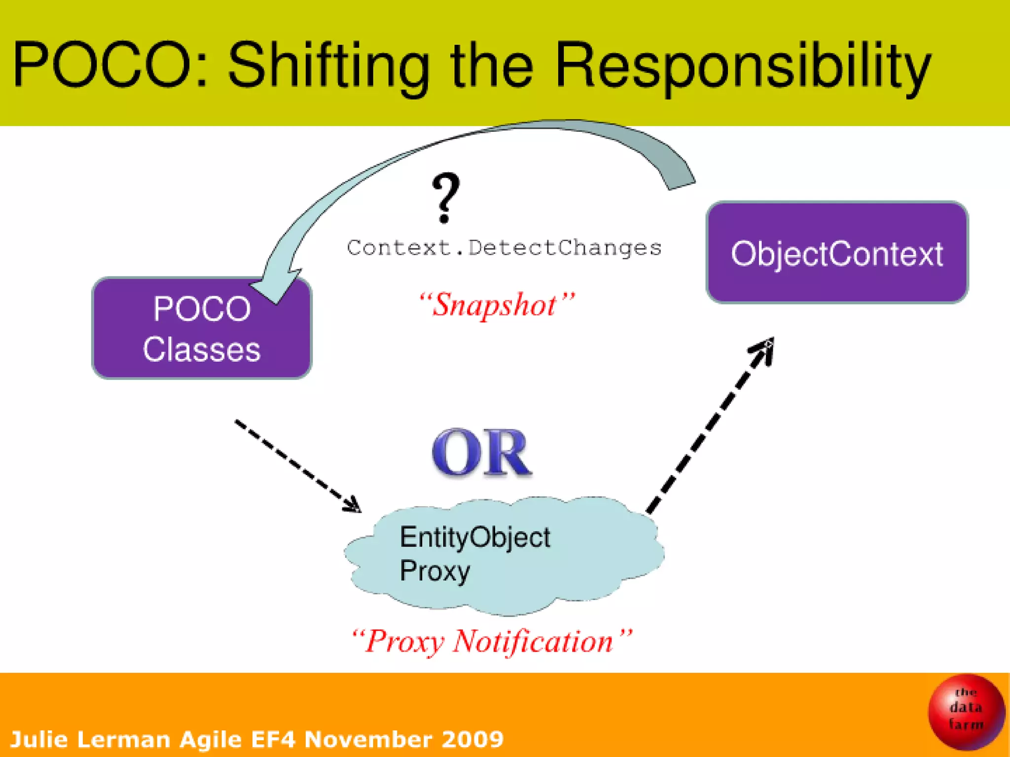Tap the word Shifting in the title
tap(328, 67)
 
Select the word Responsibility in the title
tap(743, 67)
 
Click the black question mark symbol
tap(445, 197)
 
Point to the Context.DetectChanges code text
tap(504, 247)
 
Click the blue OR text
tap(482, 452)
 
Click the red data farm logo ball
tap(966, 712)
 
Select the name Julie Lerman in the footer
tap(90, 739)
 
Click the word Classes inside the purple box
tap(202, 350)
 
